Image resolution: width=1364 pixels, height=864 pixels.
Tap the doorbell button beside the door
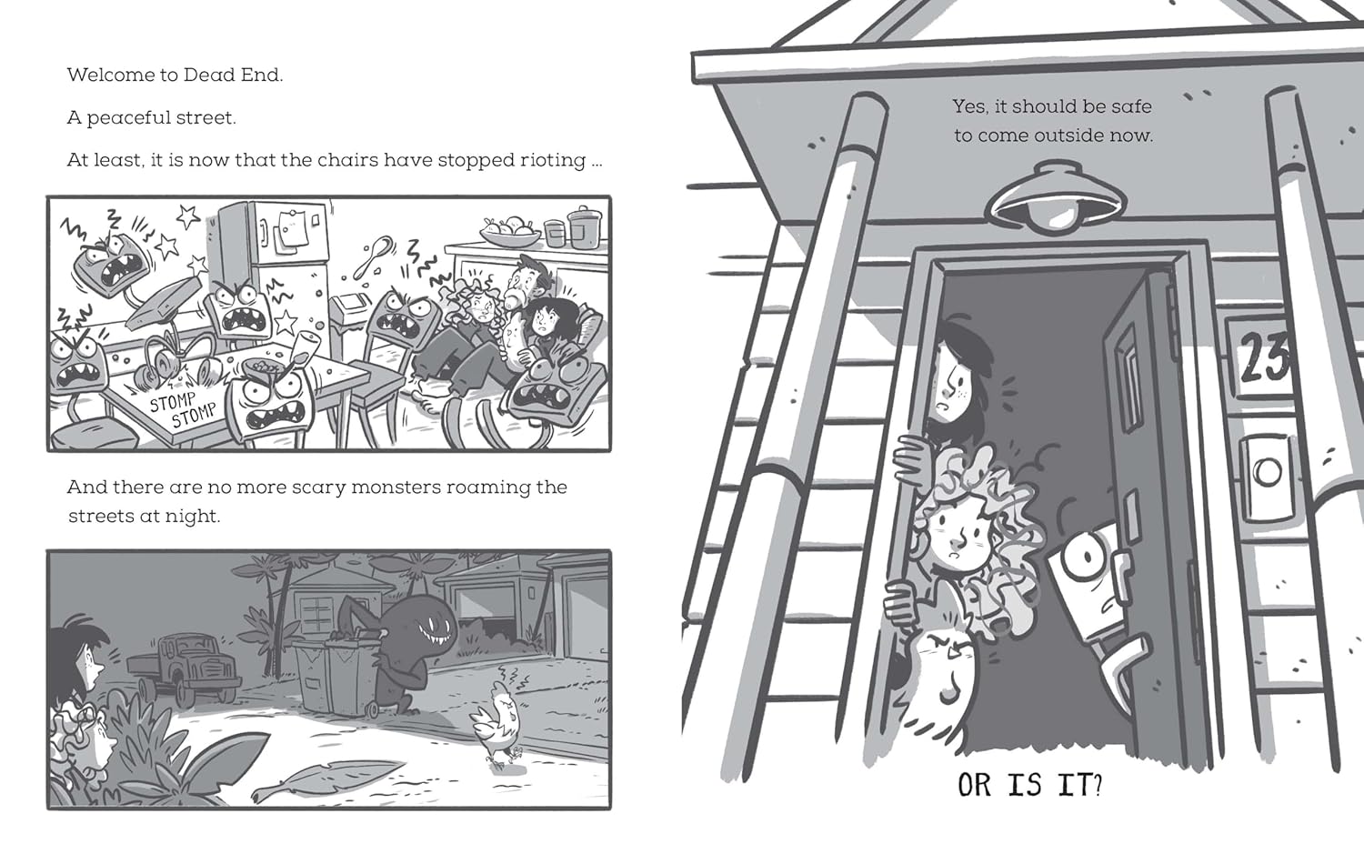[1267, 472]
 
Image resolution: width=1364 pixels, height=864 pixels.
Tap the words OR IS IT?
[1029, 784]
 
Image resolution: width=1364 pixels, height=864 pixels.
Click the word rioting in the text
[554, 160]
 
